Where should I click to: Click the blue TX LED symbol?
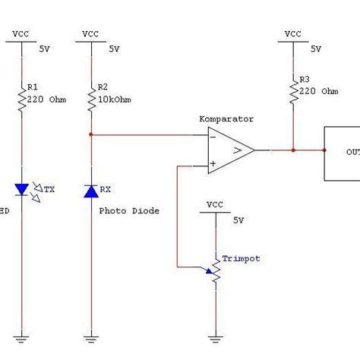pyautogui.click(x=24, y=188)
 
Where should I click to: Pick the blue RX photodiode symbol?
pyautogui.click(x=91, y=191)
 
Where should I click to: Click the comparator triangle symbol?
pyautogui.click(x=231, y=150)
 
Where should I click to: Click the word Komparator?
pyautogui.click(x=226, y=119)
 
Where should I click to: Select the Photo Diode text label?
pyautogui.click(x=129, y=211)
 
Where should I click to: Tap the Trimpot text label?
pyautogui.click(x=241, y=259)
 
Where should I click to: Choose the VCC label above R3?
pyautogui.click(x=292, y=33)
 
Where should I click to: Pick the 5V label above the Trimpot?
pyautogui.click(x=238, y=221)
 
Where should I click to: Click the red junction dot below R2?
pyautogui.click(x=91, y=136)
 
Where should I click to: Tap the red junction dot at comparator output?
pyautogui.click(x=292, y=150)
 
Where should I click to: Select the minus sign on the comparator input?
pyautogui.click(x=214, y=137)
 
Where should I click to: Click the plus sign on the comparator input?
pyautogui.click(x=214, y=163)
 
